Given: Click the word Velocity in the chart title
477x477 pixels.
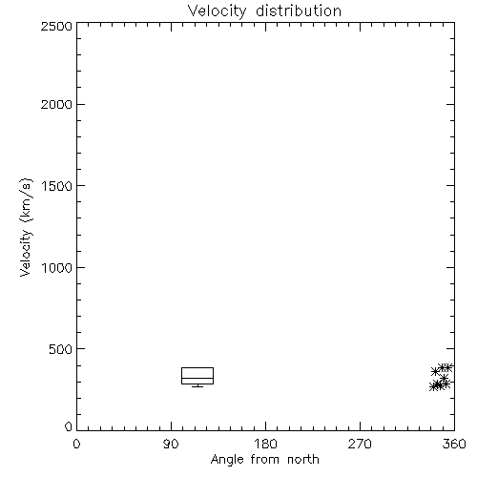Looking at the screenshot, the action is pos(217,10).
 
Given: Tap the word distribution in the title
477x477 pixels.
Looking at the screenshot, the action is pos(299,10).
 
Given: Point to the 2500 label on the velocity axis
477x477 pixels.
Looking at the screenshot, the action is pos(56,26).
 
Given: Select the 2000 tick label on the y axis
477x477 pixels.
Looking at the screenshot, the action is pos(56,104).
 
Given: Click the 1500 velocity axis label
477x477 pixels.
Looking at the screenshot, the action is pos(57,186).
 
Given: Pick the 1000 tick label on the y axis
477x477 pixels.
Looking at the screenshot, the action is pos(57,268).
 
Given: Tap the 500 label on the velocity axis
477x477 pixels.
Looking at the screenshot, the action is pos(61,349).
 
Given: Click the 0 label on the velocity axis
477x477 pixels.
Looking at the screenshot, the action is pos(69,426).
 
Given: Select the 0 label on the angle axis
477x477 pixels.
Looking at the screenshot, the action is pos(76,444).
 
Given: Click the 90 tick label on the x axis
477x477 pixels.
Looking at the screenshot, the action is pos(171,444).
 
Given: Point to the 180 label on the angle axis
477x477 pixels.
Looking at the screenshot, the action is pos(265,444).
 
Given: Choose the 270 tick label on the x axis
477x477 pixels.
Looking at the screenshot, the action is pos(360,444).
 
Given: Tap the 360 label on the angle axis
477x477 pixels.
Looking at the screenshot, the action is pos(454,444).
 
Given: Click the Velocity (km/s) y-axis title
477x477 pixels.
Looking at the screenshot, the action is pos(26,227).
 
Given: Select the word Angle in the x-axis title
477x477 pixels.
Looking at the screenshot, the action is pos(227,460).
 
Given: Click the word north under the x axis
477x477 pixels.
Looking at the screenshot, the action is pos(303,460).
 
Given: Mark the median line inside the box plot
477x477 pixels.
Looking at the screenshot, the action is pos(197,378).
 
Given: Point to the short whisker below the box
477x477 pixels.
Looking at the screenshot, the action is pos(197,386).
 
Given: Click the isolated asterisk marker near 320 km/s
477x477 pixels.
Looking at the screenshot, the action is pos(445,378).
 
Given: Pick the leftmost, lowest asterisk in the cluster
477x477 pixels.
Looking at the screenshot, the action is pos(433,386).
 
